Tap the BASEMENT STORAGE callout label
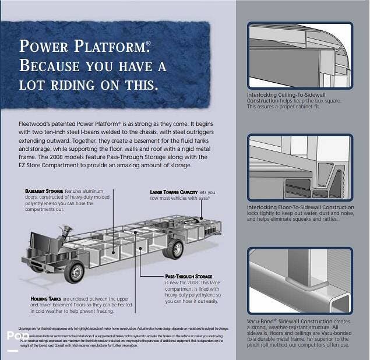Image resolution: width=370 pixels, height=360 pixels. tap(44, 191)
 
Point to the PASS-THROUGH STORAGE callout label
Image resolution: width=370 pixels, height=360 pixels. tap(188, 276)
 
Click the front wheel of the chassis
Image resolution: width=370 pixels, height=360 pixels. tap(75, 271)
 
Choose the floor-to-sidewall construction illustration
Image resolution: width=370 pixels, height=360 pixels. tap(299, 168)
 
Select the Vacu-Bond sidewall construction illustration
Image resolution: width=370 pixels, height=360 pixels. tap(299, 281)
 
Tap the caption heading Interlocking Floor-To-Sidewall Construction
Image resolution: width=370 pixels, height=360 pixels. tap(300, 207)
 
